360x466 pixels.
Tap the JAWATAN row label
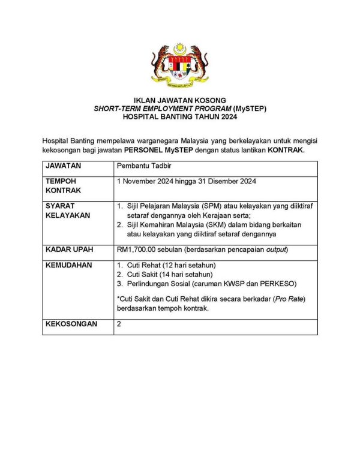[63, 165]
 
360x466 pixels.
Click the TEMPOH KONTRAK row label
[62, 185]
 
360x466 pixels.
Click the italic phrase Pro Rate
[290, 299]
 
